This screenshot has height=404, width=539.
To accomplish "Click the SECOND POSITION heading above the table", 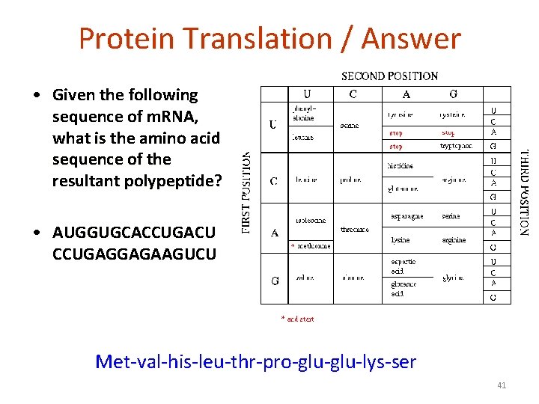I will point(389,76).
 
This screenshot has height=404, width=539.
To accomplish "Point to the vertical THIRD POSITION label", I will point(524,193).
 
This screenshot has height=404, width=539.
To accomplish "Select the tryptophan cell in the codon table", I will point(456,147).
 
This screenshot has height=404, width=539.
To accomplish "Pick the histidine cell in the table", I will point(401,165).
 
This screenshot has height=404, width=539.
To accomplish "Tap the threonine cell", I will point(355,230).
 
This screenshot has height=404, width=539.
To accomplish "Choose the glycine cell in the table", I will point(452,278).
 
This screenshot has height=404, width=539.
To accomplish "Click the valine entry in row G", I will point(304,278).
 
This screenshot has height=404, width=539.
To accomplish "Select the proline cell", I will point(350,180).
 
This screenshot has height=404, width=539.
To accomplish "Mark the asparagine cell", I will point(407,216).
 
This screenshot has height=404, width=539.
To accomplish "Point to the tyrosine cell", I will point(402,114).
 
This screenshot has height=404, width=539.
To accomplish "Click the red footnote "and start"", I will point(297,319).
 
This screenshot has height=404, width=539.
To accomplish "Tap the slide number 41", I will point(502,385).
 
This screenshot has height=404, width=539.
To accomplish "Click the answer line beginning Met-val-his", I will point(255,362).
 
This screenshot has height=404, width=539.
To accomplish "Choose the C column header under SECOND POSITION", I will point(353,94).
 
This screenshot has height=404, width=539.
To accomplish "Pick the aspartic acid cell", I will point(404,266).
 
